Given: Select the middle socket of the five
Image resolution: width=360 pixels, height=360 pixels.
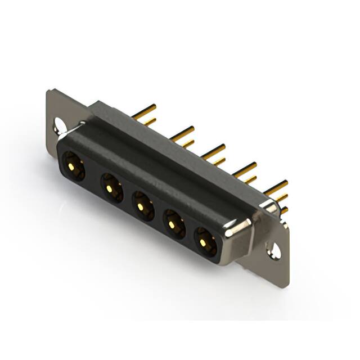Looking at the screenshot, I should click(143, 206).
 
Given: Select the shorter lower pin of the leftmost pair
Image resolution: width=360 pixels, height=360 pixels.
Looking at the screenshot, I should click(150, 121).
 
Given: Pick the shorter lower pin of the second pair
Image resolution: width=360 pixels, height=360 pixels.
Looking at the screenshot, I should click(187, 144).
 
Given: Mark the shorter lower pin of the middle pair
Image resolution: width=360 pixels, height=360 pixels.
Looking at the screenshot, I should click(218, 162).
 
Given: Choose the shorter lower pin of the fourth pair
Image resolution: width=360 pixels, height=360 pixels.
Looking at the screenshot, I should click(249, 180).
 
